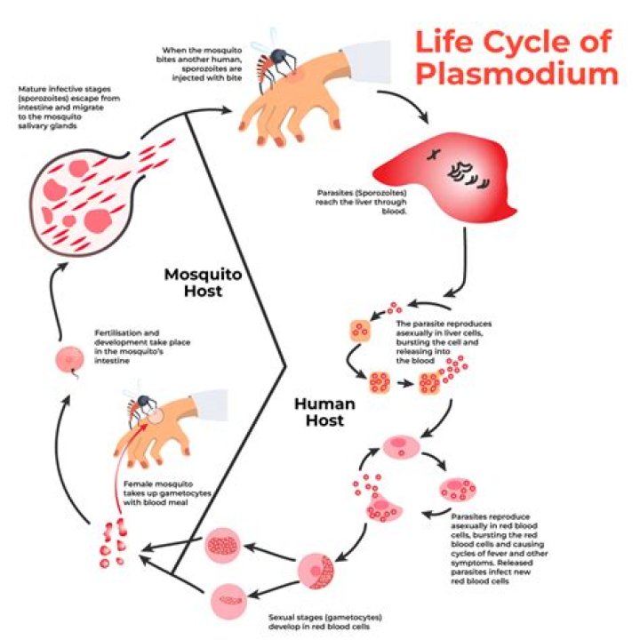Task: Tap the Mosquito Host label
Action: (x=203, y=282)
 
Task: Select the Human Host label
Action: (x=324, y=411)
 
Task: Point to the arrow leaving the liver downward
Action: (x=462, y=267)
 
